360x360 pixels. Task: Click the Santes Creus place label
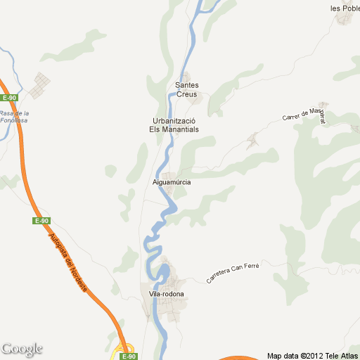187,89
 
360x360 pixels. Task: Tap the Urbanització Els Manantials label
173,124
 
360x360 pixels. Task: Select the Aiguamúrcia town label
172,182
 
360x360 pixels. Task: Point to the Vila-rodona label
162,293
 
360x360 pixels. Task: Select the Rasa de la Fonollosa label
14,117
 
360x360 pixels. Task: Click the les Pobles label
345,8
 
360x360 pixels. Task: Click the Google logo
22,349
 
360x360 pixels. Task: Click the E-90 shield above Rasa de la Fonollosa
9,98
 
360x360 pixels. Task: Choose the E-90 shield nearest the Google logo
122,356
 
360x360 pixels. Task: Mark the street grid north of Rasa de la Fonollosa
42,83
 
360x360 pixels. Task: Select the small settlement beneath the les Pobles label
344,18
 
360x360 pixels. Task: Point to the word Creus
187,94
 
